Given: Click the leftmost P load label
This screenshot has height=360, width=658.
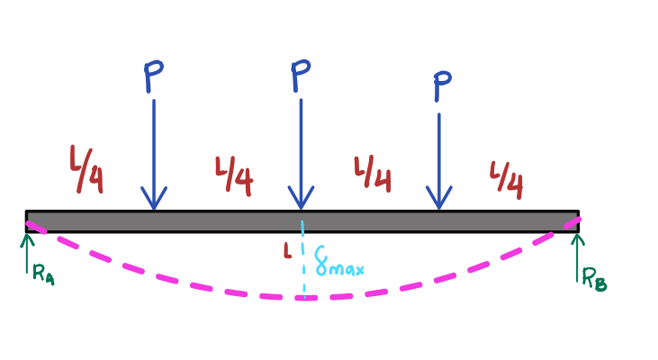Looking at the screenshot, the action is [x=154, y=76].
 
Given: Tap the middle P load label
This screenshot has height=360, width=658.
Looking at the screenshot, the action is [x=301, y=76].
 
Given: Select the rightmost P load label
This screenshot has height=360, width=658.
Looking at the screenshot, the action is [x=442, y=86].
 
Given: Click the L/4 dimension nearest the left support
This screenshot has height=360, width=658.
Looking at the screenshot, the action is [x=86, y=169].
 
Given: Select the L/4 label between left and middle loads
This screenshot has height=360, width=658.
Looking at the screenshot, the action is [x=234, y=176].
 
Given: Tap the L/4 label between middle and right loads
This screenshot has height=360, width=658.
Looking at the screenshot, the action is [x=373, y=175].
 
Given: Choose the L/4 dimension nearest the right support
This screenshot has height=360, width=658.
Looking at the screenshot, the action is [x=507, y=180].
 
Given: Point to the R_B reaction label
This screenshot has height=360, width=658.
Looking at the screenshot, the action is [x=594, y=279].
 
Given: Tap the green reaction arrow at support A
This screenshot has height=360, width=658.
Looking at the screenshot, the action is [x=27, y=254].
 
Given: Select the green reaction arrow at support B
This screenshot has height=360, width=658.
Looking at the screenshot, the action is [x=577, y=257].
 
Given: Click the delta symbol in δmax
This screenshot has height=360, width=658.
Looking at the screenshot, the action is [x=321, y=261].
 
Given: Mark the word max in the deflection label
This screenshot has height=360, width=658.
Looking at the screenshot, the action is [x=347, y=268].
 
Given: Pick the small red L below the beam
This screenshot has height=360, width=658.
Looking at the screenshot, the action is [x=287, y=251].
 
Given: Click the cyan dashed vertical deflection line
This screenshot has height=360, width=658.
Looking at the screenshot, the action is [x=303, y=259].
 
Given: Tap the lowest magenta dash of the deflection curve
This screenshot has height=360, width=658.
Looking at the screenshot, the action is [x=305, y=298].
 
